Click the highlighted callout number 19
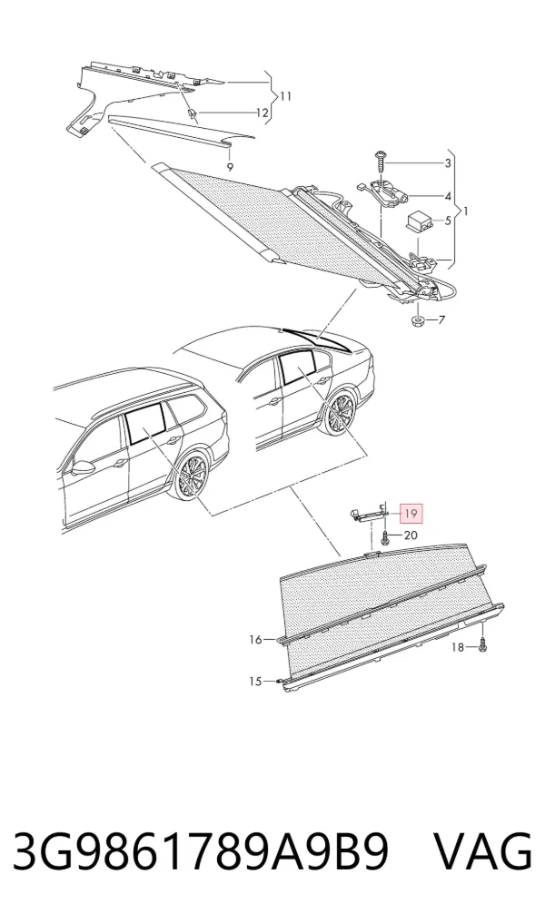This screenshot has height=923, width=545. (x=411, y=514)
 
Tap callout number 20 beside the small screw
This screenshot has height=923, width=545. (x=411, y=535)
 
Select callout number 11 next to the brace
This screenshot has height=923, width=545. (x=285, y=96)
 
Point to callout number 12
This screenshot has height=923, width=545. (x=262, y=113)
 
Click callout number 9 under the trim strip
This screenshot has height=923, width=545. (x=230, y=167)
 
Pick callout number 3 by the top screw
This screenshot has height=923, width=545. (x=448, y=163)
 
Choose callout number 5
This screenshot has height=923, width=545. (x=448, y=221)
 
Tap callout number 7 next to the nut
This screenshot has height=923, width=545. (x=441, y=320)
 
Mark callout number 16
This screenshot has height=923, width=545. (x=255, y=639)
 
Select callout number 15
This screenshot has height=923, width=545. (x=254, y=682)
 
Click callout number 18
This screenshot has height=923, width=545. (x=458, y=647)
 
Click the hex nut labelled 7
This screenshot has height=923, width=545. (x=417, y=320)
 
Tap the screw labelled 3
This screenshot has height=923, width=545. (x=381, y=160)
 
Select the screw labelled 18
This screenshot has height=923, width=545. (x=483, y=645)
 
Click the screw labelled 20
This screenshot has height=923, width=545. (x=385, y=537)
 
